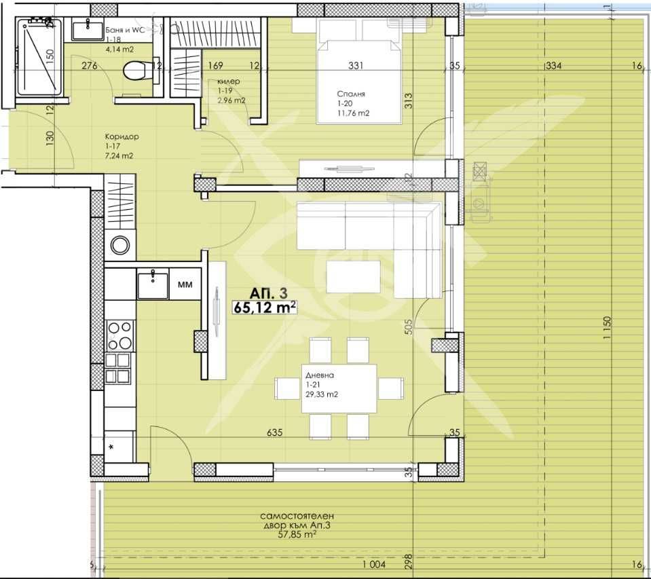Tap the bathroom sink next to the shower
(x=87, y=29)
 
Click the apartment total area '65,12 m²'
(x=264, y=307)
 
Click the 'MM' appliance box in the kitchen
(x=184, y=285)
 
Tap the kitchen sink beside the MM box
(x=153, y=284)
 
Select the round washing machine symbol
(x=120, y=246)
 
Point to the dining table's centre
(x=339, y=388)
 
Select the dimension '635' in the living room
(x=275, y=432)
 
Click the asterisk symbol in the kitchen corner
(x=111, y=447)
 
